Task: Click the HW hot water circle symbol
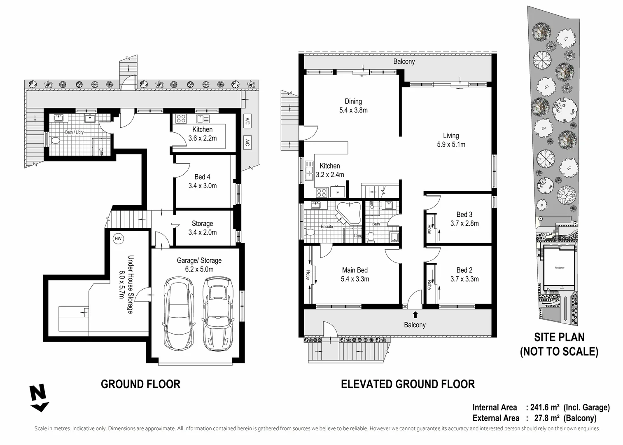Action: (118, 239)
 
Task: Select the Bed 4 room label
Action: (202, 177)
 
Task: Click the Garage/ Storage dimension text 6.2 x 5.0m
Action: (199, 269)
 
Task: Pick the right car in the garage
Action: (217, 312)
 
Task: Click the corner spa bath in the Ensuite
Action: (348, 213)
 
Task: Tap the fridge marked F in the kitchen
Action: (338, 192)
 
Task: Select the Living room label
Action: (451, 136)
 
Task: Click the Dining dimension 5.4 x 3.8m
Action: (353, 110)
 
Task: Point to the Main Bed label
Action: (355, 270)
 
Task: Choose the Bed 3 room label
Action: (464, 215)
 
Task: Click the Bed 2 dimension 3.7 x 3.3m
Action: (464, 279)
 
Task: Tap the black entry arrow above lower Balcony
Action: (415, 315)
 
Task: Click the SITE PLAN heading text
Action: (559, 337)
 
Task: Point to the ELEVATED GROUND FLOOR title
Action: (408, 384)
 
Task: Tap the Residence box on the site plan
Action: (559, 268)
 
